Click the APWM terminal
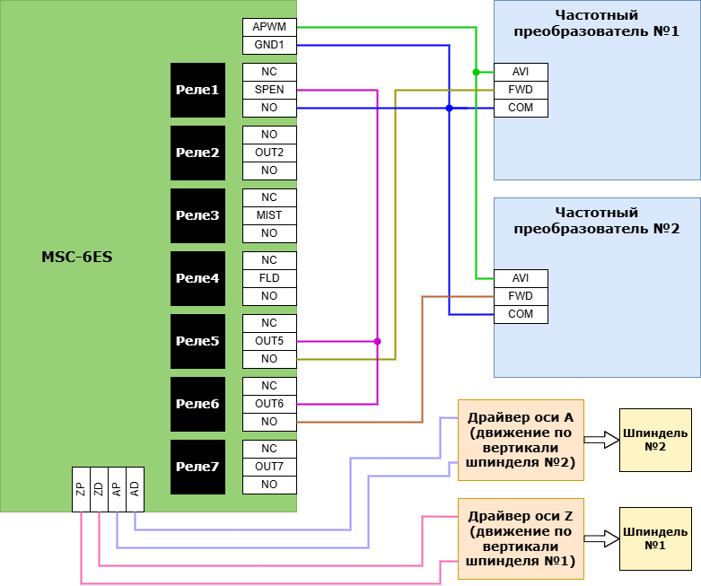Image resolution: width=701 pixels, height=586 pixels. (269, 27)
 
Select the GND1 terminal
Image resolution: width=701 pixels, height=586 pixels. (269, 45)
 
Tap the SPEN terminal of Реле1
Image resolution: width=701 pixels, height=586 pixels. (269, 90)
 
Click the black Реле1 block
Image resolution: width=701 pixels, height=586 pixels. (197, 90)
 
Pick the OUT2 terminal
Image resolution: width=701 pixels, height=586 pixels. (269, 153)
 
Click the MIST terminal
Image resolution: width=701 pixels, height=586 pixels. (269, 215)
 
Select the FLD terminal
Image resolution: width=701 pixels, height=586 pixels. (269, 278)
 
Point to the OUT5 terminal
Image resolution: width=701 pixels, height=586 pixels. (269, 341)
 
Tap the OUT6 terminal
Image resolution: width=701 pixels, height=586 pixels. (269, 404)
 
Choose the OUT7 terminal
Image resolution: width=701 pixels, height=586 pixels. (269, 467)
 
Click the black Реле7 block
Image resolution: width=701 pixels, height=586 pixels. (197, 467)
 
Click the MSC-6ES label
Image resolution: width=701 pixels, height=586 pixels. (77, 258)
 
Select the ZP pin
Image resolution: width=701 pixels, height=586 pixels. (81, 489)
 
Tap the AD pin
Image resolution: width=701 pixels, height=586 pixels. (135, 489)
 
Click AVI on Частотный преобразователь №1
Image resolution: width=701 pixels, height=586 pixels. (521, 72)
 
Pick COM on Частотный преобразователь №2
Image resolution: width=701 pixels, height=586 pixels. (521, 314)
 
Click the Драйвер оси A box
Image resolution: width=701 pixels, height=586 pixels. (521, 440)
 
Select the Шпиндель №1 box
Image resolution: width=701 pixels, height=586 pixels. (655, 538)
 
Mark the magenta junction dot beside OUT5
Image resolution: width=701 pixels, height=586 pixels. (377, 341)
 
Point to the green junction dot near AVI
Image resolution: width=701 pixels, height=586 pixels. (476, 72)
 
